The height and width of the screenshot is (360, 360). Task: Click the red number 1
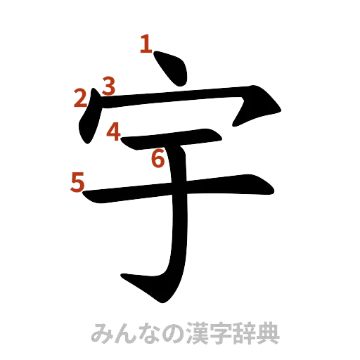point(146,46)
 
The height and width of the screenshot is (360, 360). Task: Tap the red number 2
point(81,98)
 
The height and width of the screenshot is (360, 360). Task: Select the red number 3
point(108,86)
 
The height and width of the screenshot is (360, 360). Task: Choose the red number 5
point(77,182)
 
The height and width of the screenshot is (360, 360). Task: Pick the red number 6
point(158,160)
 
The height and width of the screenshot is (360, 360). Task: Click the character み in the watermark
point(102,333)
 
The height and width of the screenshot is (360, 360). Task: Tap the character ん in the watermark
point(125,333)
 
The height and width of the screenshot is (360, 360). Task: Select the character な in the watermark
point(148,333)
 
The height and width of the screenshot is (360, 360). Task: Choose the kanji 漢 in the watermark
point(195,333)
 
